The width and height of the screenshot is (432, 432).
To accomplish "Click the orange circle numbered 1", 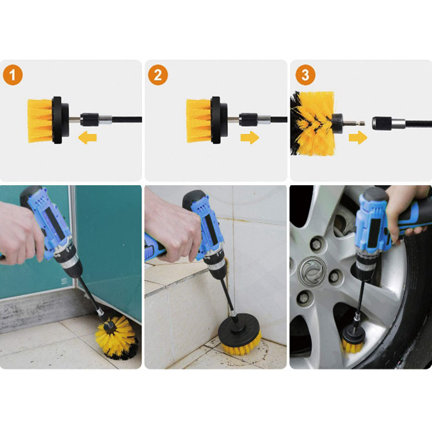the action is [x=12, y=75].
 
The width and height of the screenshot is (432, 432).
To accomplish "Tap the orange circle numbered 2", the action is [x=158, y=75].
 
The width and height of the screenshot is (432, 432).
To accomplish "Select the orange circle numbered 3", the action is [x=305, y=75].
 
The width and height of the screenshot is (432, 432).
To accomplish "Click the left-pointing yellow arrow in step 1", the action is [x=87, y=137].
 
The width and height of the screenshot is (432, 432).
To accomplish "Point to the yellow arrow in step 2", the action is [x=249, y=137].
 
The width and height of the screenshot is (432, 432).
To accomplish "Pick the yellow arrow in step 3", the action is [x=358, y=137].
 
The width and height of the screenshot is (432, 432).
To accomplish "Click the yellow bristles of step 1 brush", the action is [x=40, y=120].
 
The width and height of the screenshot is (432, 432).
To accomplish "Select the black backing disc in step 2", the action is [x=219, y=120].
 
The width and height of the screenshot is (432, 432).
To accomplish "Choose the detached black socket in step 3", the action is [x=382, y=123].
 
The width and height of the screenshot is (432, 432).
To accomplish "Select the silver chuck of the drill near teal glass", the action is [x=69, y=262].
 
